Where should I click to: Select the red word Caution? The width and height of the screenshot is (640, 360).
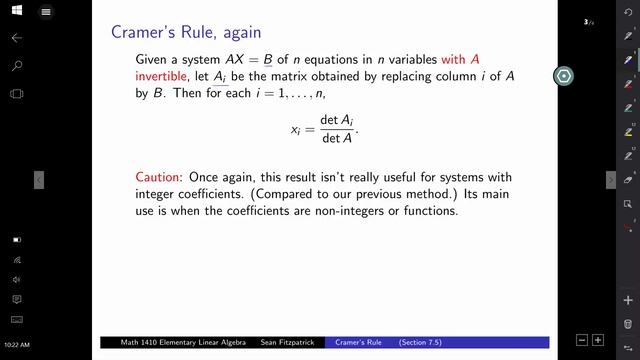point(158,176)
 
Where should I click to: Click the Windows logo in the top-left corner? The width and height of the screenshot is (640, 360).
point(16,12)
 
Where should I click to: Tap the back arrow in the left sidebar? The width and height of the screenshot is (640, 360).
point(16,37)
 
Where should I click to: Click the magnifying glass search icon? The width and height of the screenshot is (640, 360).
point(16,65)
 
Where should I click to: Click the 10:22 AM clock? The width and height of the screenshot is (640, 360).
point(16,345)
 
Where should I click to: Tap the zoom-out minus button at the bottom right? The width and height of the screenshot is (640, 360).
point(581,340)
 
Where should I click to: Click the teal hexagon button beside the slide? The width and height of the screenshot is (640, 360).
point(565,76)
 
